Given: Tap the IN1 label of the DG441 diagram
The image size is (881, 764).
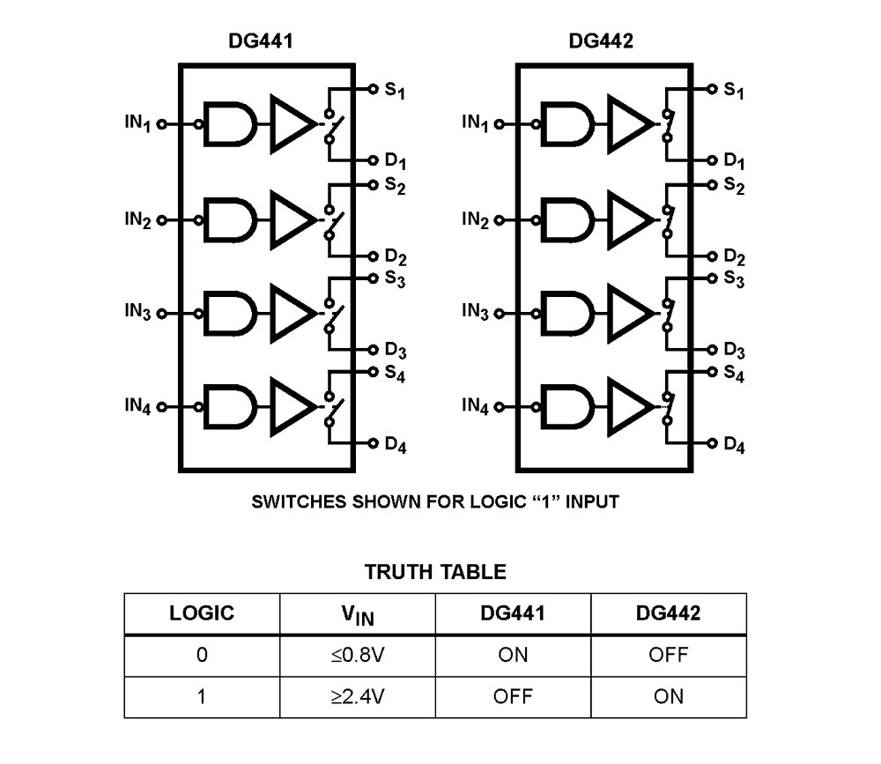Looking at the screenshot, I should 138,123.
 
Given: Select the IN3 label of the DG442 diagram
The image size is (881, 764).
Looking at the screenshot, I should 476,312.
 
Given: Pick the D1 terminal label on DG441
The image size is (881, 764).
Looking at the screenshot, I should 395,163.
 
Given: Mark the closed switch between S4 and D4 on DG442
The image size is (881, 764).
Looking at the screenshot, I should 668,408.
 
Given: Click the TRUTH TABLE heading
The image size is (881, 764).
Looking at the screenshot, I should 435,572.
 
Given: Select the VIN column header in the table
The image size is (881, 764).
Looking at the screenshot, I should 358,614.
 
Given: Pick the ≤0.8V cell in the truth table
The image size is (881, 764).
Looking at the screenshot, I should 358,655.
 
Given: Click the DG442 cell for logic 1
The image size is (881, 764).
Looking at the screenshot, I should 668,696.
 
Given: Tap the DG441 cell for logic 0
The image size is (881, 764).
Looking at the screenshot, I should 513,655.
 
